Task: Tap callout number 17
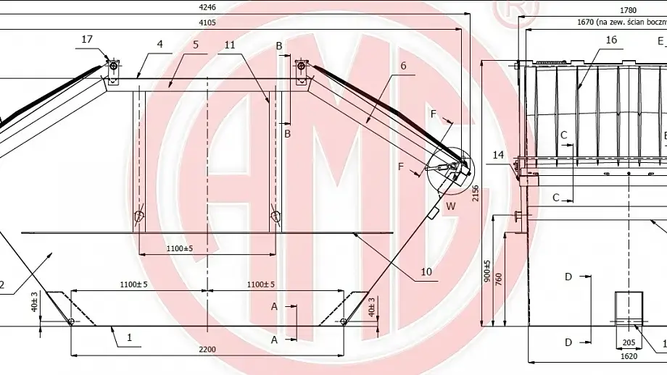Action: pyautogui.click(x=87, y=40)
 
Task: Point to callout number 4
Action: pyautogui.click(x=158, y=44)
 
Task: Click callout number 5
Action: pyautogui.click(x=195, y=44)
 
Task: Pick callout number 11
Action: pyautogui.click(x=230, y=44)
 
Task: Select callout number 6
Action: pyautogui.click(x=403, y=66)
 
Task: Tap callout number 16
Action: pyautogui.click(x=611, y=41)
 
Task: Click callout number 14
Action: pyautogui.click(x=497, y=155)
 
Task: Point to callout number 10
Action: pyautogui.click(x=426, y=272)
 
